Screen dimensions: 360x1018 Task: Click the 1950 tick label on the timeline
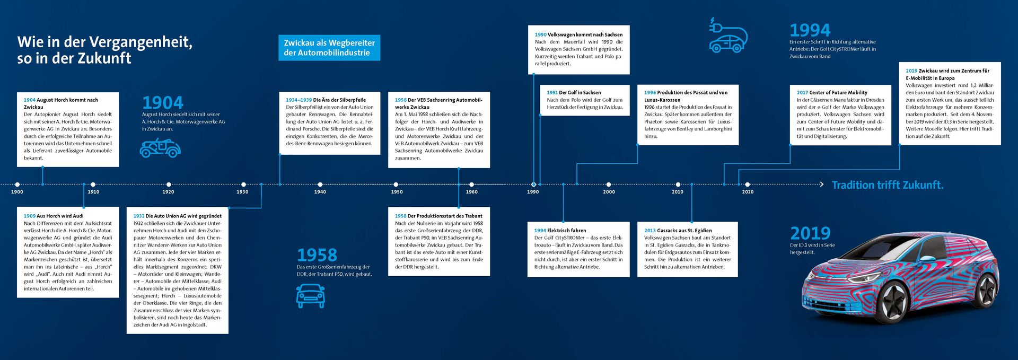[397, 192]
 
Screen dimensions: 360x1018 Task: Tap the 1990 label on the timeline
[533, 192]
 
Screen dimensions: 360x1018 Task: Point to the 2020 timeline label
[748, 192]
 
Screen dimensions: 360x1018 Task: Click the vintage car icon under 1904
[160, 148]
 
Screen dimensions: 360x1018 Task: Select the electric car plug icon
[728, 36]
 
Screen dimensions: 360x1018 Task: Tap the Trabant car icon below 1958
[310, 295]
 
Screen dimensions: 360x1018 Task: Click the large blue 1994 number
[810, 30]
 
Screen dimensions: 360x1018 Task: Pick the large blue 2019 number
[810, 233]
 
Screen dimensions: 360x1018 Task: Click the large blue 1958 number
[317, 255]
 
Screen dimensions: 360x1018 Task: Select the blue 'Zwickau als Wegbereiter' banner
[329, 48]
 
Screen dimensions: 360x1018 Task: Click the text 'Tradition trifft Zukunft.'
[887, 185]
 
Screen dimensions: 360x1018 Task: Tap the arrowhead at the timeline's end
[822, 185]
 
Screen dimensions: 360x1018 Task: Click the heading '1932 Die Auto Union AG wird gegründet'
[178, 216]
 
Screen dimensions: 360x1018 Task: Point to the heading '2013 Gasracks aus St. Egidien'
[678, 231]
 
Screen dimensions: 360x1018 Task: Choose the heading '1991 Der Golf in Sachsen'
[574, 92]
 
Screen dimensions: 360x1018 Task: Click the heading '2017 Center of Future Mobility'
[832, 92]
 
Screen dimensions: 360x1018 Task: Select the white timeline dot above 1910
[93, 185]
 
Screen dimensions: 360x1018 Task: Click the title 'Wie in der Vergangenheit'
[104, 42]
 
